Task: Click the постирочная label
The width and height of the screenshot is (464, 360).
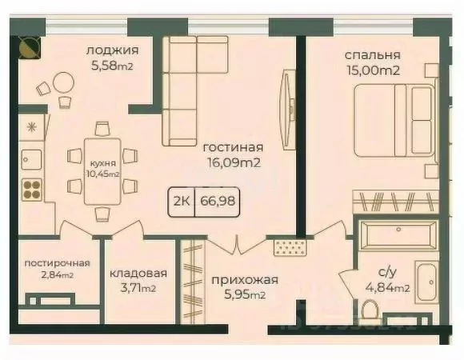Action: pos(56,263)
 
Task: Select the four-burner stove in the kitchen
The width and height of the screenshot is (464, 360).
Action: pos(32,189)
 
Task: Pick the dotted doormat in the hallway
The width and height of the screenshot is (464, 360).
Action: pos(285,246)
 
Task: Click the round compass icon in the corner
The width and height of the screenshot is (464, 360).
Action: pos(26,49)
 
